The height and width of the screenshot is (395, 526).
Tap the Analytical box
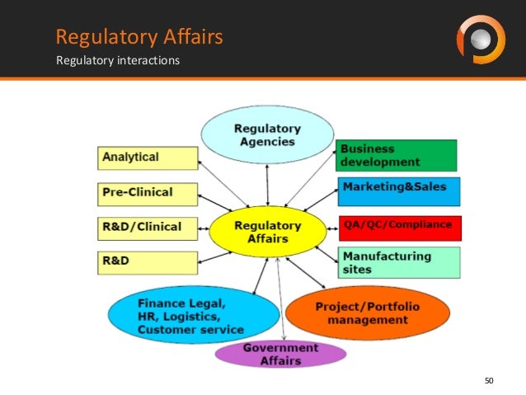pyautogui.click(x=148, y=158)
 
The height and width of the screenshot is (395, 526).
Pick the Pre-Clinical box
pyautogui.click(x=148, y=193)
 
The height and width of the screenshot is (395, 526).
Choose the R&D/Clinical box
pyautogui.click(x=148, y=227)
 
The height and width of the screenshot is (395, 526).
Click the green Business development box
pyautogui.click(x=397, y=155)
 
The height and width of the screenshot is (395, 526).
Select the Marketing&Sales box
pyautogui.click(x=398, y=189)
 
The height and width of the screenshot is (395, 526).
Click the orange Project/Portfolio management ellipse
pyautogui.click(x=368, y=313)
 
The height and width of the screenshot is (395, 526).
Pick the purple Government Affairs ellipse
pyautogui.click(x=280, y=354)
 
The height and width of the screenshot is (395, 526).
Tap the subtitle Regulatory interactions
pyautogui.click(x=117, y=60)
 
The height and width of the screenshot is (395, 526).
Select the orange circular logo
pyautogui.click(x=480, y=39)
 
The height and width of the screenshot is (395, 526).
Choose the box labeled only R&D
pyautogui.click(x=148, y=262)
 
